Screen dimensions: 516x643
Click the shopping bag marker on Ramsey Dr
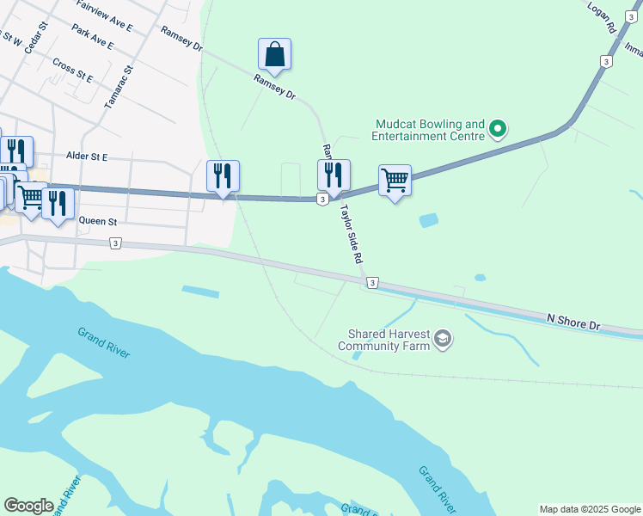(x=274, y=55)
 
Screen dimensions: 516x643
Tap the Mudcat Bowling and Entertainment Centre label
(x=428, y=130)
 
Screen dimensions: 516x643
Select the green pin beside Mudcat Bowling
(x=497, y=130)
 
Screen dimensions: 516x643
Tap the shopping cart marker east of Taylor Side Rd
(x=395, y=181)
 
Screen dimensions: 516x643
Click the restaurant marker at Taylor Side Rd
(x=334, y=175)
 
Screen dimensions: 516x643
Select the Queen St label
(x=97, y=222)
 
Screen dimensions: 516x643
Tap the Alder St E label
(x=87, y=157)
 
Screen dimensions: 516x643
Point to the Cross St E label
(x=72, y=70)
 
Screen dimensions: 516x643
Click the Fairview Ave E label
(x=104, y=16)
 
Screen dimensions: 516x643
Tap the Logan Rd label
(x=603, y=17)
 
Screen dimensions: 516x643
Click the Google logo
(x=28, y=506)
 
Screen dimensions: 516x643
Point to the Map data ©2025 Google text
(x=589, y=509)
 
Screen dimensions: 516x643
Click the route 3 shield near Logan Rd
(x=607, y=62)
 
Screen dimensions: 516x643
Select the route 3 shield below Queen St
(x=115, y=243)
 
